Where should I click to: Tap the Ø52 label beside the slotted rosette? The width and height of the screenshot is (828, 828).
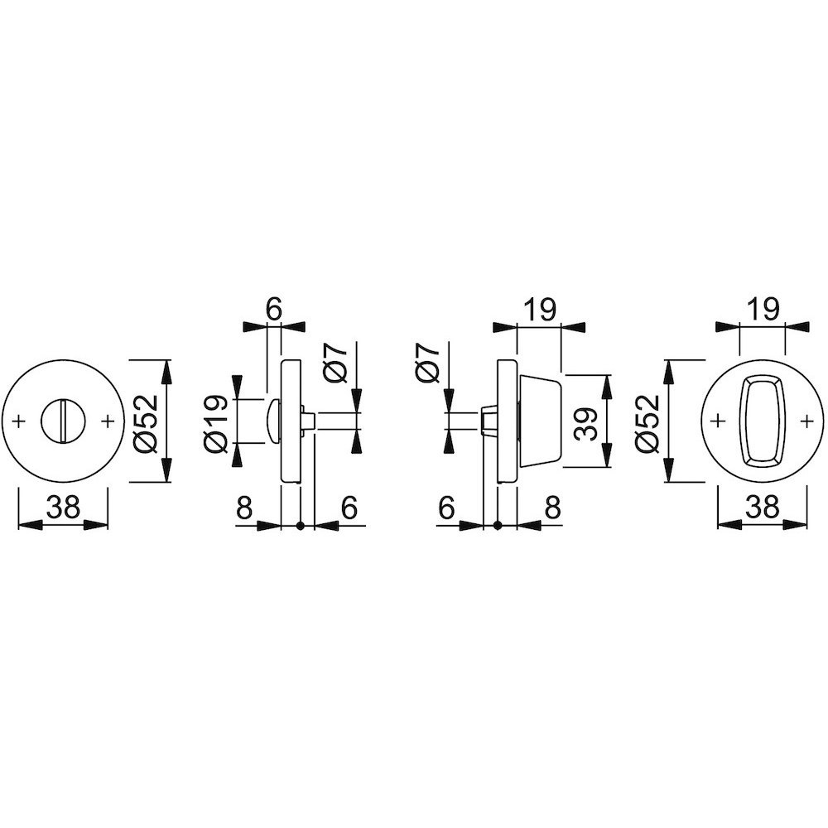(x=147, y=422)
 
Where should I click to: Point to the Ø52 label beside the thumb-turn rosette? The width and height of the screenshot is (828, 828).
(x=648, y=422)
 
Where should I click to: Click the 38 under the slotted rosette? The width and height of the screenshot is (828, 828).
(x=63, y=508)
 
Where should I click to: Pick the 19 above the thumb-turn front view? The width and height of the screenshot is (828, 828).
(x=762, y=310)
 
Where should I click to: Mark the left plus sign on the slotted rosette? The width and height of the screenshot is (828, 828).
(x=19, y=421)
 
